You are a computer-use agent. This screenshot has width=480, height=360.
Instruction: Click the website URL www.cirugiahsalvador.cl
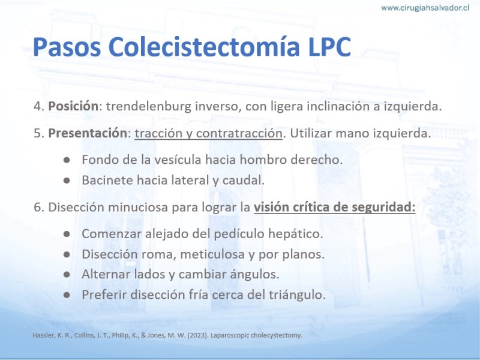(x=425, y=8)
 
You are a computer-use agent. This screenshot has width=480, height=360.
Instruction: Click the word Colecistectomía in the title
(x=204, y=47)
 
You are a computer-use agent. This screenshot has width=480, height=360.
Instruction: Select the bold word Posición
(x=73, y=106)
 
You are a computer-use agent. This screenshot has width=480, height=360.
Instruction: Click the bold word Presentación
(x=88, y=133)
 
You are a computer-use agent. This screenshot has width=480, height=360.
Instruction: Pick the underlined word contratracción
(x=239, y=133)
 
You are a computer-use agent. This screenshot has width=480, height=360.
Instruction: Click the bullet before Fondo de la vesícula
(x=67, y=160)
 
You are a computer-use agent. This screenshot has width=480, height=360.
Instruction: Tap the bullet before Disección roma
(x=67, y=254)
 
